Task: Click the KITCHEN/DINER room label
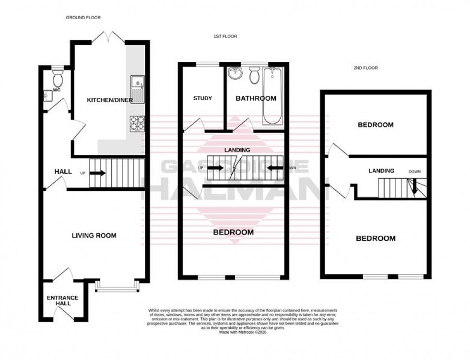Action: click(x=106, y=100)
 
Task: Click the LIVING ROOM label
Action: click(x=94, y=235)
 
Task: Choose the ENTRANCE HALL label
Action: click(x=62, y=301)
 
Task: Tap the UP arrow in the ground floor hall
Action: click(x=98, y=173)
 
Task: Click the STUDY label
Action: click(x=202, y=98)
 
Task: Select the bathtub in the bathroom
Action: click(x=273, y=95)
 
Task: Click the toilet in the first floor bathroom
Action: click(x=254, y=76)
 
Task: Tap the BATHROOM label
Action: click(x=256, y=98)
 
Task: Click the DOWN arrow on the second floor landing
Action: click(x=414, y=187)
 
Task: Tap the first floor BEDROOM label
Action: click(x=233, y=232)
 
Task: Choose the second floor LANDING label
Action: click(x=381, y=171)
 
